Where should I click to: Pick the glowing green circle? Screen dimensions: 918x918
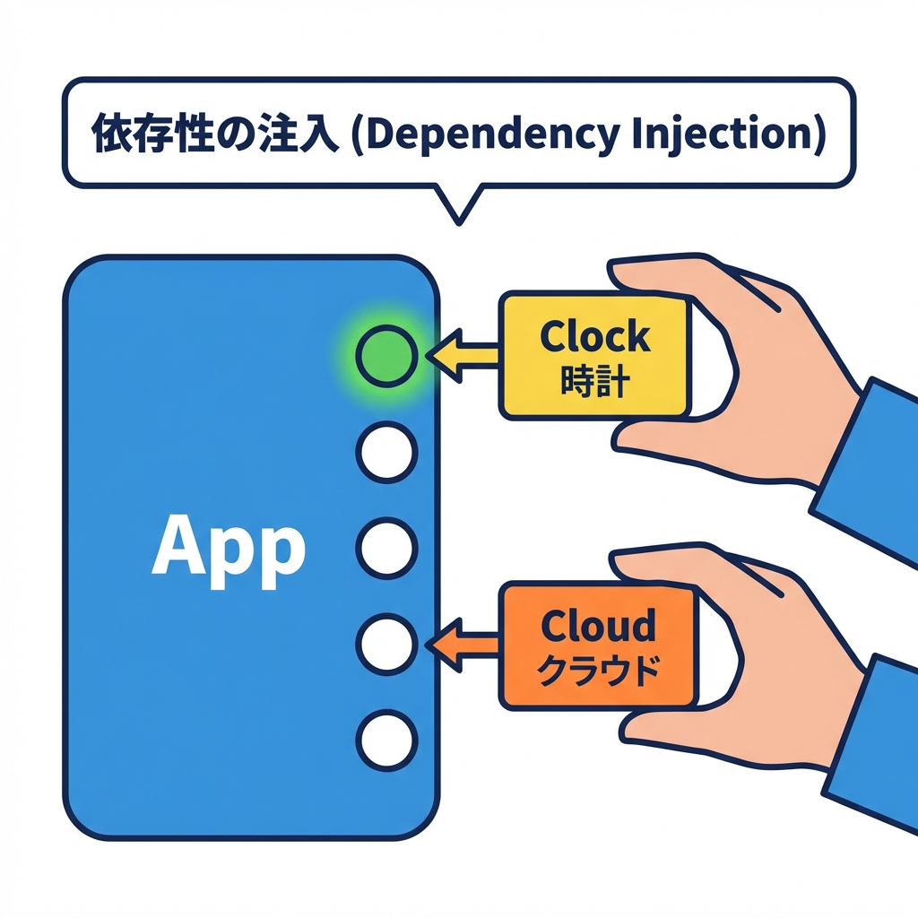pos(386,356)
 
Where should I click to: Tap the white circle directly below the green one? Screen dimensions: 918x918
pos(386,452)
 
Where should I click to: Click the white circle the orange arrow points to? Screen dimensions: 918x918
pos(386,644)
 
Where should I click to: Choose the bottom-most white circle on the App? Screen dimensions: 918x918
pos(386,740)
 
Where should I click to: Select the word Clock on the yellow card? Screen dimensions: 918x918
pos(595,337)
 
